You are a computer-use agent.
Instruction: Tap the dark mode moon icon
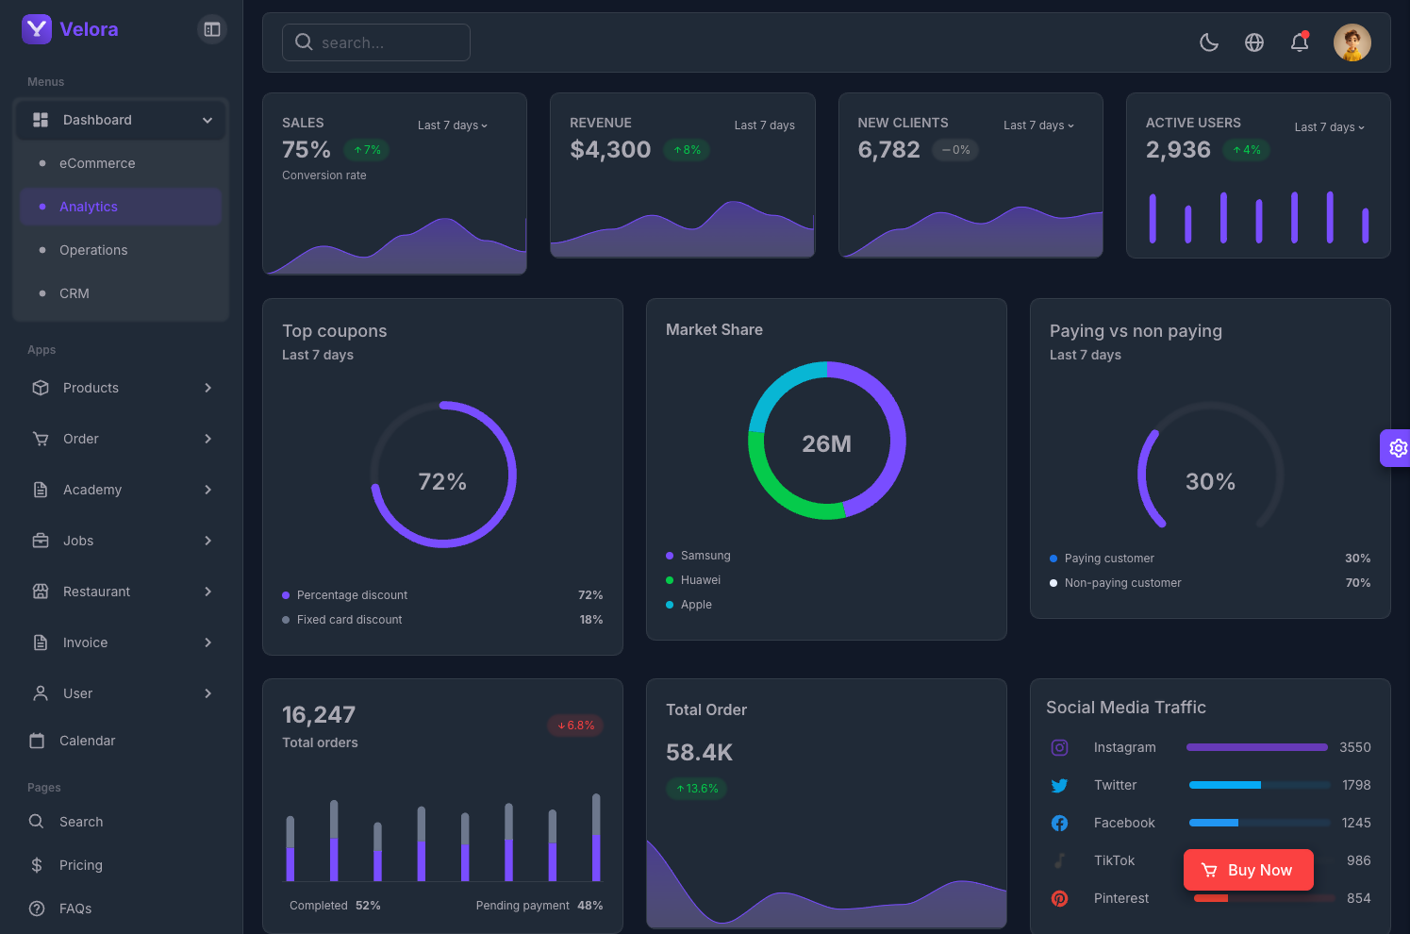(1208, 42)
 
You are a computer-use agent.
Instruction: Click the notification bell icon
(1300, 42)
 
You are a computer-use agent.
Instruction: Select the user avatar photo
(1352, 42)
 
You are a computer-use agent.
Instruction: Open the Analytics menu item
(89, 207)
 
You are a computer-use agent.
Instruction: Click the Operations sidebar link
(93, 250)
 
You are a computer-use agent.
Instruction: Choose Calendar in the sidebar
(87, 741)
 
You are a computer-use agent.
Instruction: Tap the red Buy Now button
(1248, 870)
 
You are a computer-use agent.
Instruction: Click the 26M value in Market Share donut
(826, 443)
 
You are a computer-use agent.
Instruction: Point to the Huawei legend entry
(700, 580)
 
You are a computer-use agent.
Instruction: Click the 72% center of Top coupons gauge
(442, 482)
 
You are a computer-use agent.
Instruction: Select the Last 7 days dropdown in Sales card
(453, 125)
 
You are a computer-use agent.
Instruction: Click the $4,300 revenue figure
(610, 149)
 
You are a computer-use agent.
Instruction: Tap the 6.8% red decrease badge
(575, 726)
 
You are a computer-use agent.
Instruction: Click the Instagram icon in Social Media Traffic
(1060, 747)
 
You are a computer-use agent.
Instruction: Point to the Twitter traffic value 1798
(1356, 785)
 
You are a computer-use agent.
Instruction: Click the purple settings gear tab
(1397, 448)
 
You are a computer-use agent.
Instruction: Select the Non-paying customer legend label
(1122, 583)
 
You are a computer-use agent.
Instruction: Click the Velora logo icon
(37, 29)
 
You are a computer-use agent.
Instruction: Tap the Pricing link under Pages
(81, 865)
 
